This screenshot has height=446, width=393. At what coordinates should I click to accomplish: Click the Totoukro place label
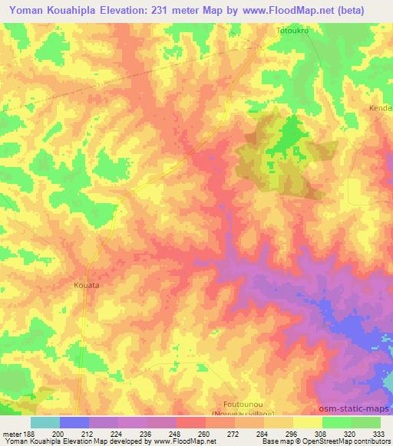[292, 31]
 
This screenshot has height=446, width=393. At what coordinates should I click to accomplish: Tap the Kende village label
[381, 108]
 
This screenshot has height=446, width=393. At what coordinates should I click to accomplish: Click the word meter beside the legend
[12, 433]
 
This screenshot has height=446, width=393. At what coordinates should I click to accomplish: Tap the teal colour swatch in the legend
[45, 422]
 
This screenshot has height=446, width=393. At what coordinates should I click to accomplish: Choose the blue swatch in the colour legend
[74, 422]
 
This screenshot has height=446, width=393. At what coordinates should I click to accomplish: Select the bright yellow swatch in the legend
[307, 422]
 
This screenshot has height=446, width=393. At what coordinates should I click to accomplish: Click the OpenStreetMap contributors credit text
[342, 441]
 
